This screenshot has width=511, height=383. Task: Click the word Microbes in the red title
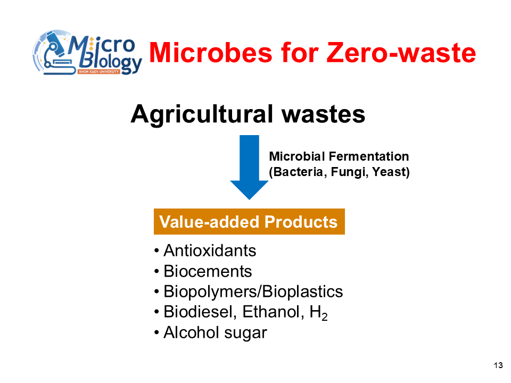(211, 53)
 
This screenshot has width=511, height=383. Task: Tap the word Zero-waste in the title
(401, 53)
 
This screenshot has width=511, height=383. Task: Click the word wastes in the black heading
(323, 115)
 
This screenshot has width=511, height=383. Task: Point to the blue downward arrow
(249, 168)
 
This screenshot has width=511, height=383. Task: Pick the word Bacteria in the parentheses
(298, 172)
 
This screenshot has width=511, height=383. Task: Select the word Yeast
(390, 172)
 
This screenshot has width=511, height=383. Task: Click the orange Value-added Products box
(249, 221)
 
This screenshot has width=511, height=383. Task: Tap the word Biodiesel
(200, 312)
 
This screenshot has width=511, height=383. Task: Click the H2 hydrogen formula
(318, 313)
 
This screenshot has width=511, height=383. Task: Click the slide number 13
(498, 365)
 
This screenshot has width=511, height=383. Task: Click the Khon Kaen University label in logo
(99, 71)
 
